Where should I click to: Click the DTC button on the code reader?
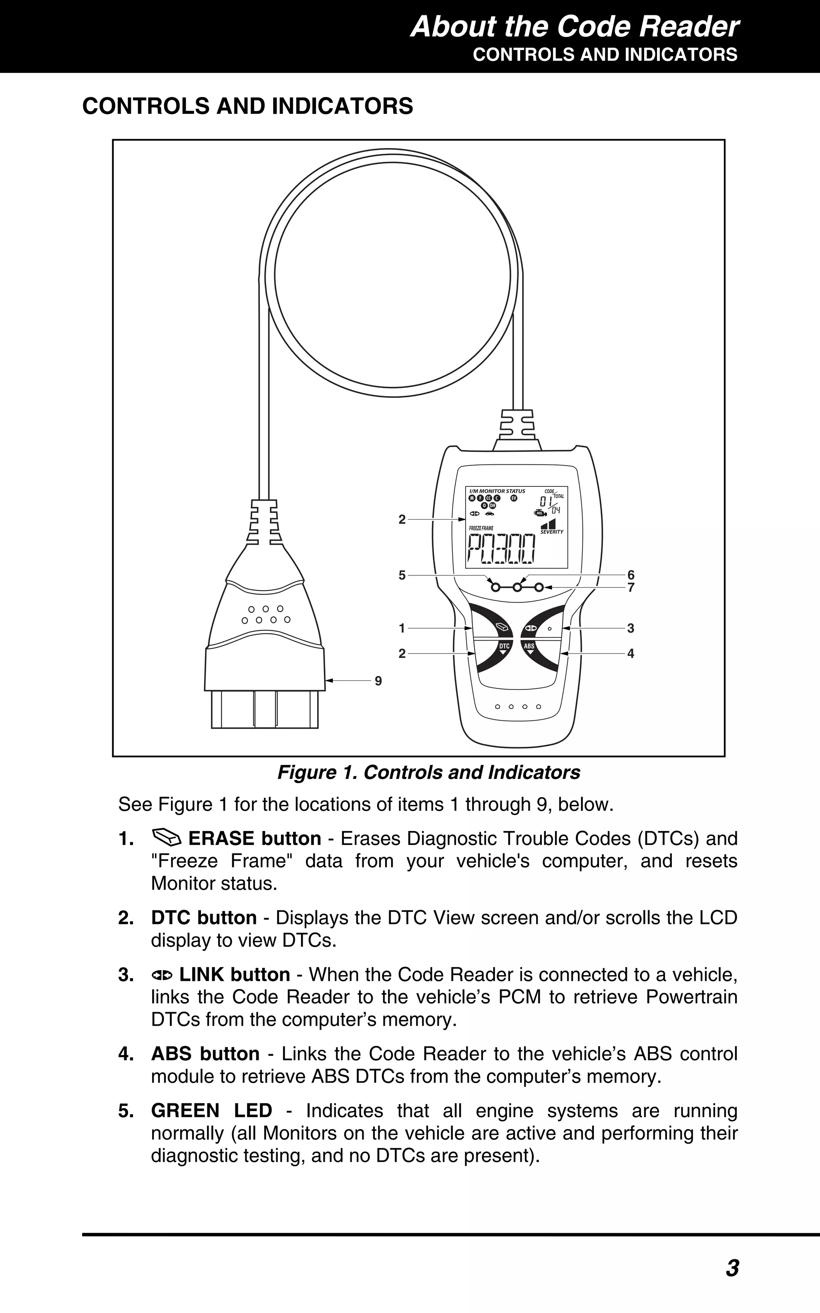(x=504, y=648)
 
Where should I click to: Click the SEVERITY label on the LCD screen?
(x=552, y=532)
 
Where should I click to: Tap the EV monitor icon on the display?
(x=514, y=498)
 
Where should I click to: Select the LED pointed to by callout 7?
(x=539, y=587)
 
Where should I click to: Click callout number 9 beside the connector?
(x=378, y=681)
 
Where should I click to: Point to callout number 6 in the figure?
(x=631, y=575)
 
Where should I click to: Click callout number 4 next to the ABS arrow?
(x=631, y=654)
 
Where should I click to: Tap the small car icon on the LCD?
(x=490, y=513)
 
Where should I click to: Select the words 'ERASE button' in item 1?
(x=254, y=839)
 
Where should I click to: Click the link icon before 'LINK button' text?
(x=162, y=975)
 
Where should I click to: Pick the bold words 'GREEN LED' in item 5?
(x=211, y=1111)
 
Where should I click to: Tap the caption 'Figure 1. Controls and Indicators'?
(x=428, y=772)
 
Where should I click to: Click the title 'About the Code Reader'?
(x=574, y=27)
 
